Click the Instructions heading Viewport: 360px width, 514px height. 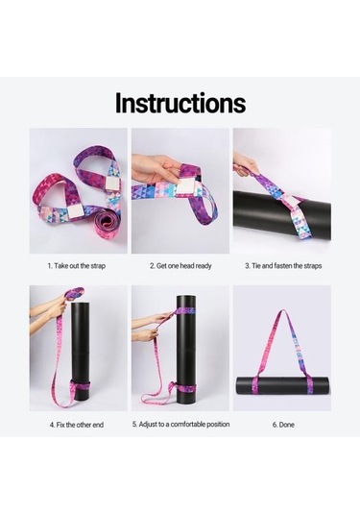point(180,103)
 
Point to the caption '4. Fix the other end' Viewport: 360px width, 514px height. point(78,423)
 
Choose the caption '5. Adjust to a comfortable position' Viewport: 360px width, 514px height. point(180,423)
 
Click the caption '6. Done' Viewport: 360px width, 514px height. point(282,423)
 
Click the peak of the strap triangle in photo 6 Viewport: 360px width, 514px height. point(282,298)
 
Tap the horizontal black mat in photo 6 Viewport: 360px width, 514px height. point(282,385)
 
